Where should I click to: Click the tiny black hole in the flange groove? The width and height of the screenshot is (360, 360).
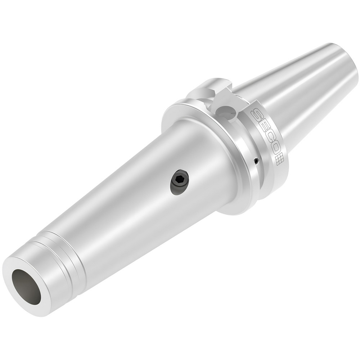coord(255,161)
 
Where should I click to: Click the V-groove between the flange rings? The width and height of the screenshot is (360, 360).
coord(248,144)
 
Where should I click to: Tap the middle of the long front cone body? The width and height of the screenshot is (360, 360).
coord(137,202)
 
